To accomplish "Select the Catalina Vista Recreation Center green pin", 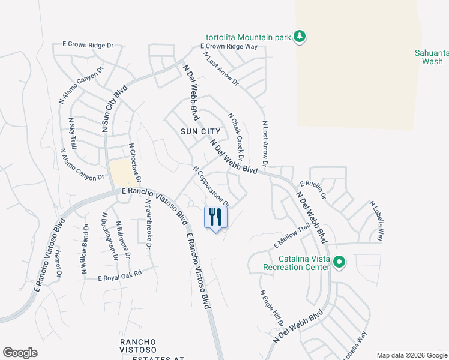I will [339, 263].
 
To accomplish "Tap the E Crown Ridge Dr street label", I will [88, 44].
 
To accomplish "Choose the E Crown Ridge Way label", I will [228, 46].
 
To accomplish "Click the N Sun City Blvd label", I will [115, 109].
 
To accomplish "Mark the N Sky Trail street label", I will [73, 133].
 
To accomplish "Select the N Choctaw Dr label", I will [134, 163].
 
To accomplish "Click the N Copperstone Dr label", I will [210, 186].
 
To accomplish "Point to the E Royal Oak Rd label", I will [120, 275].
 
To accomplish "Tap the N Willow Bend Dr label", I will [85, 250].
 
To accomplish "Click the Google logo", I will [20, 353].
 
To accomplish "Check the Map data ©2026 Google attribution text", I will [411, 355].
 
